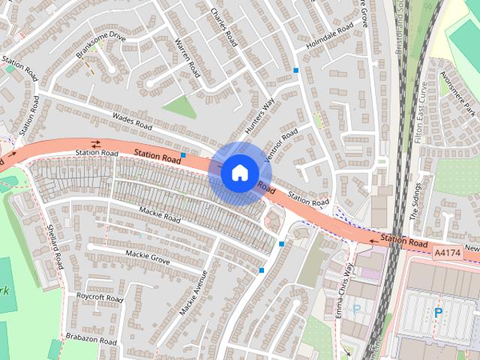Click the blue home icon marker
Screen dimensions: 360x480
(239, 172)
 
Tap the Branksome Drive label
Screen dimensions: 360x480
(101, 46)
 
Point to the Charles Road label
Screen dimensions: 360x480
(224, 27)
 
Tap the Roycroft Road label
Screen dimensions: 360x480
(99, 297)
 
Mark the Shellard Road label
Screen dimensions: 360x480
(54, 247)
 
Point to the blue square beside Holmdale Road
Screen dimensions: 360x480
(297, 70)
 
